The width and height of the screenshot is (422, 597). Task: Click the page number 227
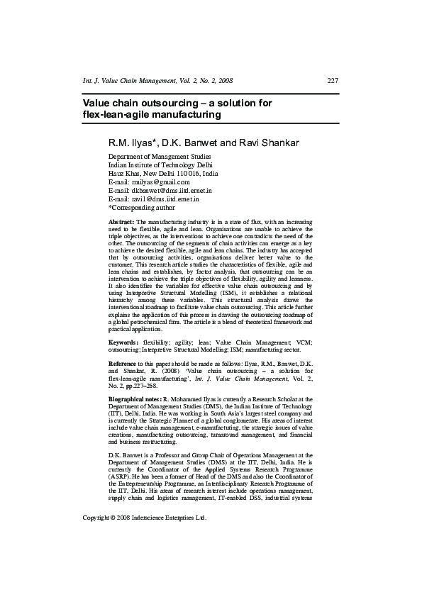tap(333, 81)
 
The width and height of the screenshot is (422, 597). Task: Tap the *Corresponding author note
tap(141, 208)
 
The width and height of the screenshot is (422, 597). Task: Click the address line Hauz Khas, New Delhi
tap(163, 174)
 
